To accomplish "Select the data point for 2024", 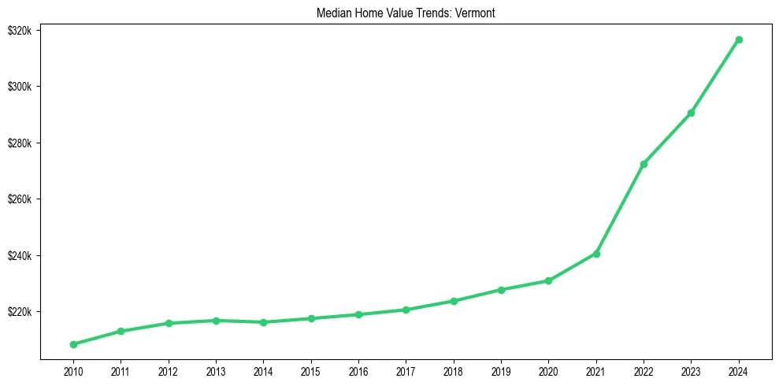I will click(739, 39).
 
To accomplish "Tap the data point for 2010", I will click(73, 344).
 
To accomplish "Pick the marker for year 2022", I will click(644, 164).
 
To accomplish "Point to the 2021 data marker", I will click(596, 254).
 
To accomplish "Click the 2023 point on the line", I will click(691, 113).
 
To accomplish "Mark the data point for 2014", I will click(263, 322).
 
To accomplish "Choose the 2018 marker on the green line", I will click(454, 301).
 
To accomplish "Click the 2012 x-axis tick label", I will click(168, 370).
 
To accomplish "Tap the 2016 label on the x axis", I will click(358, 370).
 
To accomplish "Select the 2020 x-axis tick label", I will click(548, 370).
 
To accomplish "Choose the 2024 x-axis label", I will click(739, 370).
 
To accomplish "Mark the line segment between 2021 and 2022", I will click(620, 209).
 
